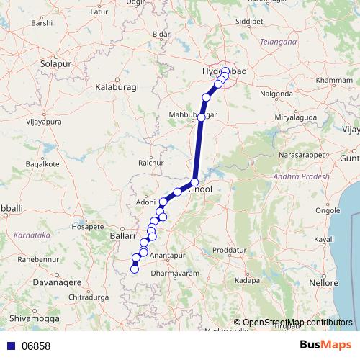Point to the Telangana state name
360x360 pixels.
coord(279,42)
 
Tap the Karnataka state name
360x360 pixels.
coord(30,235)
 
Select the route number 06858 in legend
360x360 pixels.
coord(35,346)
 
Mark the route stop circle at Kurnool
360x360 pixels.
coord(194,182)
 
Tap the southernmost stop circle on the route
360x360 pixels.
coord(134,270)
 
